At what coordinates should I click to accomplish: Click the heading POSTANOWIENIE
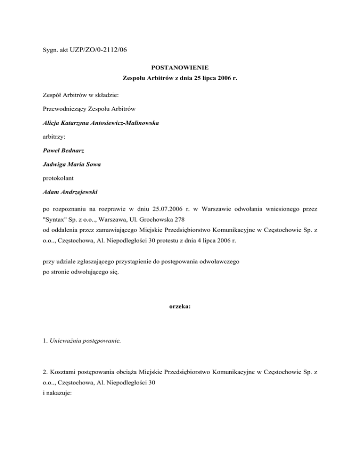pos(180,67)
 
